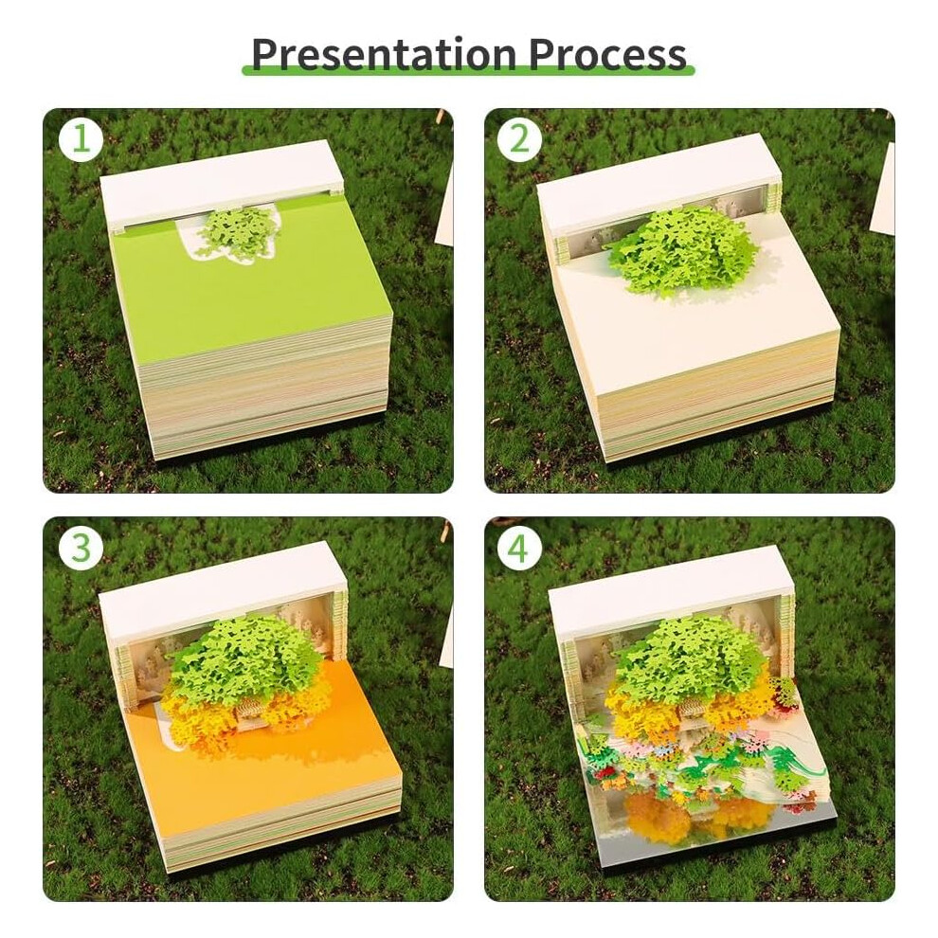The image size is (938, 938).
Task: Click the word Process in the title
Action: (x=607, y=54)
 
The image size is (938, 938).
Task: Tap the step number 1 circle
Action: (x=80, y=140)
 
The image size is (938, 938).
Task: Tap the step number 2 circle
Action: (x=519, y=140)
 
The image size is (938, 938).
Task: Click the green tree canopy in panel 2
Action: (x=680, y=249)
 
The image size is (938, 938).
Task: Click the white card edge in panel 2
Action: (x=882, y=189)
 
